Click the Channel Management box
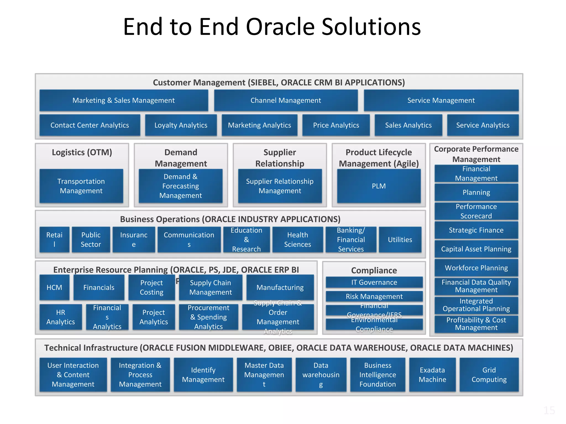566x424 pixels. [x=286, y=100]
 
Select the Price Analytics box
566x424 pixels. [x=336, y=125]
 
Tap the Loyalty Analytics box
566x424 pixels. [x=181, y=125]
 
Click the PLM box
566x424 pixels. [x=379, y=186]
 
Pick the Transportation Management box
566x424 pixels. [x=81, y=186]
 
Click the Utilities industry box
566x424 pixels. [x=400, y=240]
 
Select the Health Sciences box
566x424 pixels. [x=298, y=240]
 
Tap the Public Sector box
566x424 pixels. [x=91, y=240]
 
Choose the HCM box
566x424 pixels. [x=54, y=287]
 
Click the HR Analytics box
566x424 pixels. [x=61, y=317]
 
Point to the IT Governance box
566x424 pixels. [x=374, y=282]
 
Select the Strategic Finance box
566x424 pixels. [x=476, y=230]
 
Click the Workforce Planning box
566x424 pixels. [x=476, y=268]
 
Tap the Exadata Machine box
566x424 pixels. [x=432, y=375]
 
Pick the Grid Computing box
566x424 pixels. [x=489, y=375]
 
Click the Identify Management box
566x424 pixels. [x=203, y=375]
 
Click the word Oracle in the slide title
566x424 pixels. [x=280, y=27]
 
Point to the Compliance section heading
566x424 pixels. [x=374, y=271]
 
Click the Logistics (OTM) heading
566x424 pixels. [x=82, y=152]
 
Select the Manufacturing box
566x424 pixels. [x=280, y=287]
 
